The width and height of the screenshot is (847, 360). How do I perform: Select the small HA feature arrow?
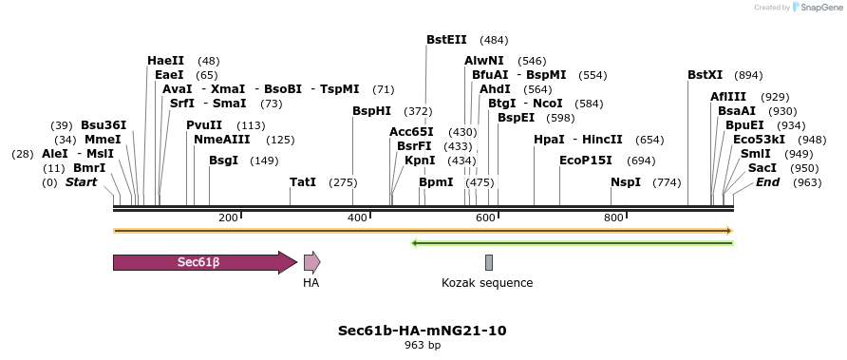pyautogui.click(x=311, y=262)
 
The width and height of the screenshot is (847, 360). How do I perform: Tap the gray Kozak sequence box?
pyautogui.click(x=489, y=262)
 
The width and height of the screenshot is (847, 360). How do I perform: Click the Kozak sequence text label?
pyautogui.click(x=487, y=283)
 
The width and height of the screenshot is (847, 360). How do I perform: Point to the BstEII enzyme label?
pyautogui.click(x=446, y=40)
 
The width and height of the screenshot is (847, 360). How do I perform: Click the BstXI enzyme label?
pyautogui.click(x=706, y=75)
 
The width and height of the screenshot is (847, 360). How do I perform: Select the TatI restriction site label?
pyautogui.click(x=303, y=181)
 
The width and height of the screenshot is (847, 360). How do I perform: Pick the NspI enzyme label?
pyautogui.click(x=626, y=181)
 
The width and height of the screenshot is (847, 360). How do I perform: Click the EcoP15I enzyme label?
pyautogui.click(x=586, y=160)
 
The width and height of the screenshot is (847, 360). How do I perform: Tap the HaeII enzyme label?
pyautogui.click(x=165, y=61)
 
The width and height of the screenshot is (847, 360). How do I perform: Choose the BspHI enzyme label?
pyautogui.click(x=371, y=111)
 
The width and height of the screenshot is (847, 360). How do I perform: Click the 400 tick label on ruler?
pyautogui.click(x=357, y=218)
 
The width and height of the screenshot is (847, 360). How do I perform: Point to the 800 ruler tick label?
pyautogui.click(x=612, y=218)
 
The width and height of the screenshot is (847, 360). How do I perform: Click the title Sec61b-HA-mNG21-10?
pyautogui.click(x=423, y=331)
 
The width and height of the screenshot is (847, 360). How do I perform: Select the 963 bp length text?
pyautogui.click(x=423, y=345)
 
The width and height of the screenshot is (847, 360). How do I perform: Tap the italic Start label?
pyautogui.click(x=81, y=181)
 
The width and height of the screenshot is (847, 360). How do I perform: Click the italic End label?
pyautogui.click(x=768, y=181)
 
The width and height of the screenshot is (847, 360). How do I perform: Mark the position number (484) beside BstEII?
pyautogui.click(x=494, y=40)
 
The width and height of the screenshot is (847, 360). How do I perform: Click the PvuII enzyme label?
pyautogui.click(x=204, y=125)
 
